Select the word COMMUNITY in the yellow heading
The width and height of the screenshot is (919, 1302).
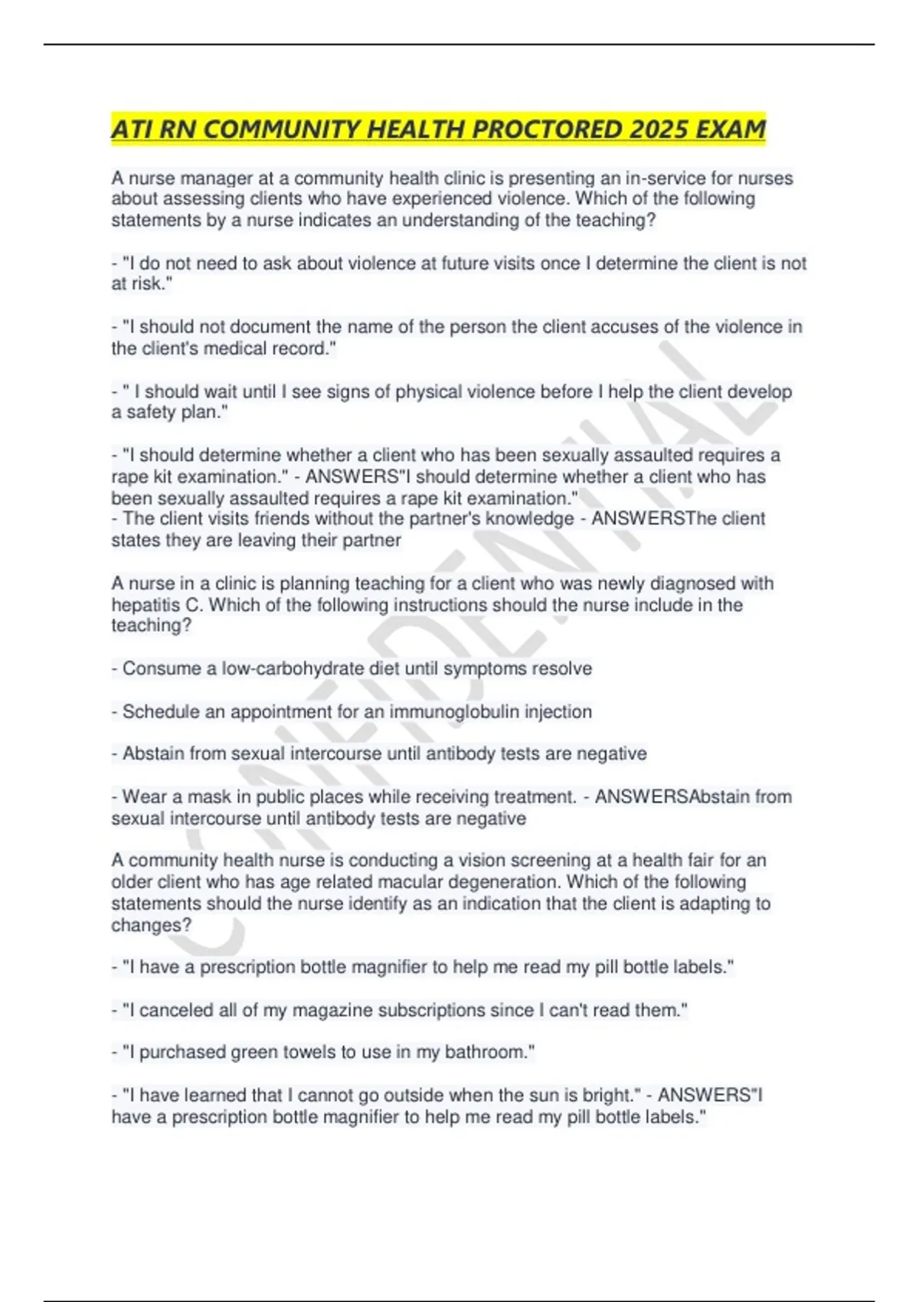281,129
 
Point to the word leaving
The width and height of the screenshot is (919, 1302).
266,540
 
